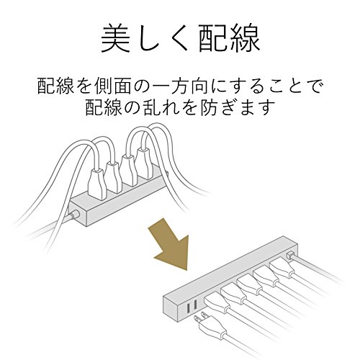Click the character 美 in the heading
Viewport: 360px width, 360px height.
[116, 38]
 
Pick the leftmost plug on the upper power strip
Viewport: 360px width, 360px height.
[96, 183]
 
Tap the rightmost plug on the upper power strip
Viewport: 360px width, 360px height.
[145, 163]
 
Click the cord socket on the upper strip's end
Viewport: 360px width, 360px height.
[74, 214]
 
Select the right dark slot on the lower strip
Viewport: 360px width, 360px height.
[195, 305]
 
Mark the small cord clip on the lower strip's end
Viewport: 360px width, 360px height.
[290, 255]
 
